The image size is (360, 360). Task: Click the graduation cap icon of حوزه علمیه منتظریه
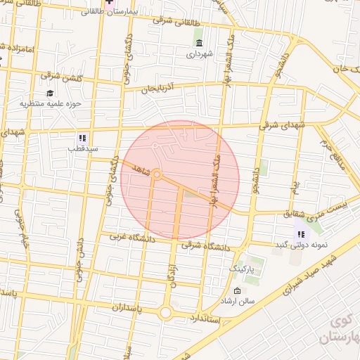50,93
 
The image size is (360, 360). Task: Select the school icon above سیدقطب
82,138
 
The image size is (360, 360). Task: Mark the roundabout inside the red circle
158,174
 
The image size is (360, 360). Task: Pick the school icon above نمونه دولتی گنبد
302,233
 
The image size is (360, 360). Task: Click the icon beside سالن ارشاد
236,292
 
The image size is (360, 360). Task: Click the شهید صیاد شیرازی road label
307,279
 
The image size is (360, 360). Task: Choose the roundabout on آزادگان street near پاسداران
167,313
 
